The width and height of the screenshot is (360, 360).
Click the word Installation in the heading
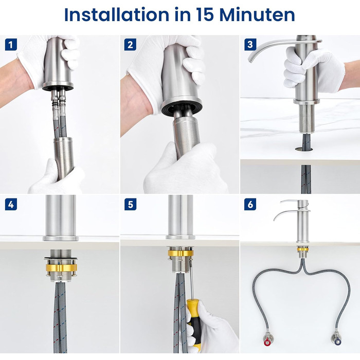pyautogui.click(x=116, y=14)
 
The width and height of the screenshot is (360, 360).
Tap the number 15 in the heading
pyautogui.click(x=205, y=14)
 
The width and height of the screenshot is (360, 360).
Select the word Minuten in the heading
pyautogui.click(x=257, y=14)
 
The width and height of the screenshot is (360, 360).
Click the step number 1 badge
pyautogui.click(x=11, y=44)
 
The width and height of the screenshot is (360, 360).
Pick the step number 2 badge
pyautogui.click(x=130, y=44)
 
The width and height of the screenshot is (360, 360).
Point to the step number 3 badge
pyautogui.click(x=250, y=44)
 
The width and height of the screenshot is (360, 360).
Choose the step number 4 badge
pyautogui.click(x=11, y=204)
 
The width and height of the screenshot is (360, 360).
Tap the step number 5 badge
pyautogui.click(x=130, y=204)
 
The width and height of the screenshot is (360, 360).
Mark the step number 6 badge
pyautogui.click(x=250, y=204)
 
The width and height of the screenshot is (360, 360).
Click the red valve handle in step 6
pyautogui.click(x=267, y=343)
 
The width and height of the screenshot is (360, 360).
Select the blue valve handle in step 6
pyautogui.click(x=337, y=342)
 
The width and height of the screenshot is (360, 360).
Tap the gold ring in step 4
pyautogui.click(x=61, y=268)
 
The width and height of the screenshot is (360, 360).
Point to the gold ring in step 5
pyautogui.click(x=181, y=253)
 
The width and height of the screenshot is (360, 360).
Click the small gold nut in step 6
pyautogui.click(x=302, y=249)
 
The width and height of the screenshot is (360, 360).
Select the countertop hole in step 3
pyautogui.click(x=304, y=149)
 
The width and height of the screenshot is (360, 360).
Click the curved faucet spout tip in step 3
pyautogui.click(x=250, y=60)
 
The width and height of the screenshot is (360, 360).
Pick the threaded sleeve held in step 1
pyautogui.click(x=64, y=158)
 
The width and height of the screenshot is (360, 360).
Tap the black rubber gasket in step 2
pyautogui.click(x=182, y=108)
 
